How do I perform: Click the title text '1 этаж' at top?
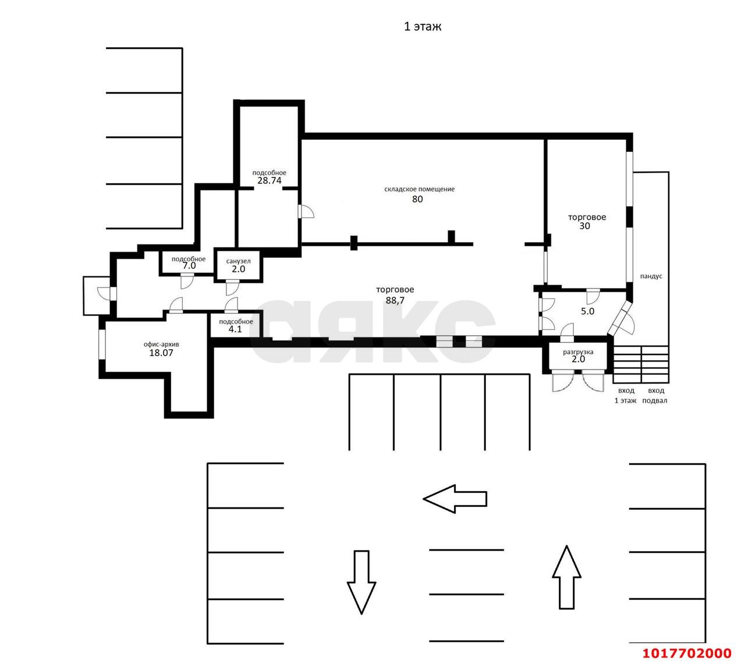(422, 26)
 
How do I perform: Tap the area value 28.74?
(269, 180)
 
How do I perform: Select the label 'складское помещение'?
(419, 189)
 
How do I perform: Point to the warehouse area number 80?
(417, 199)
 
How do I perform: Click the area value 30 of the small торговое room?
(584, 226)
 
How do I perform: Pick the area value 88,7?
(395, 300)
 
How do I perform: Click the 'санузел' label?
(238, 261)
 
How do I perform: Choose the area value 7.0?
(189, 265)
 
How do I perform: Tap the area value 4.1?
(235, 329)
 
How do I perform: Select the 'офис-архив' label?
(161, 345)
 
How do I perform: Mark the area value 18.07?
(161, 353)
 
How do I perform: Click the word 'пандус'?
(651, 276)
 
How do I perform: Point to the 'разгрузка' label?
(578, 352)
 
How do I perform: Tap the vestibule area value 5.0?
(587, 311)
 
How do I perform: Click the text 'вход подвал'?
(655, 395)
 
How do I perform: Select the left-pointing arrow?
(455, 499)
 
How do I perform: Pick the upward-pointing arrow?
(567, 577)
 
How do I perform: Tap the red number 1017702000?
(687, 653)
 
